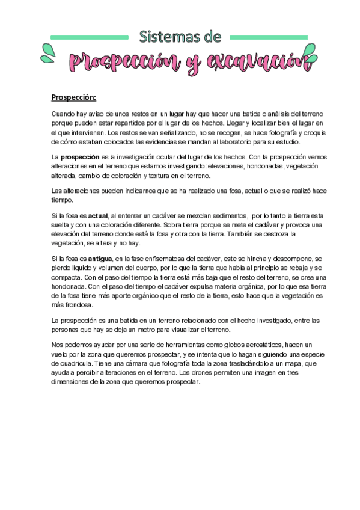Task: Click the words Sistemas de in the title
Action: [x=180, y=37]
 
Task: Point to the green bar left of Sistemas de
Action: [x=90, y=37]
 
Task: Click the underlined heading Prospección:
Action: [x=73, y=97]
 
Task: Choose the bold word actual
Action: [x=98, y=215]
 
